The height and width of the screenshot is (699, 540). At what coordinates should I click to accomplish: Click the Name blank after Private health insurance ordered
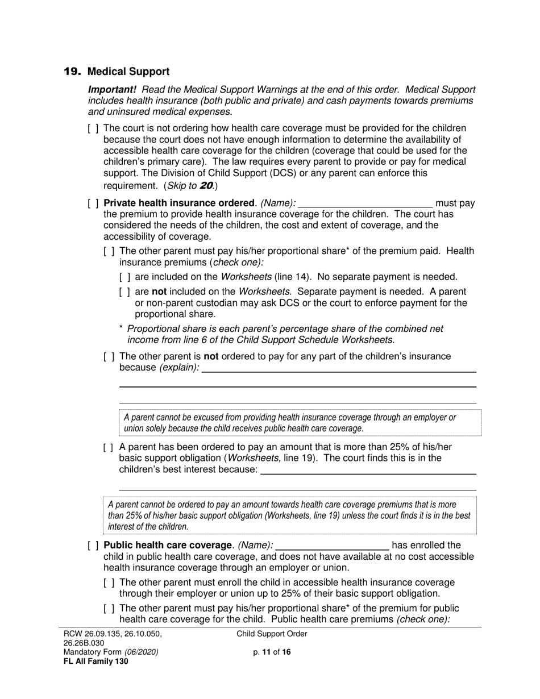click(365, 203)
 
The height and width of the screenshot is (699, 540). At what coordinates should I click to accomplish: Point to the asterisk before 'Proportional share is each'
click(121, 329)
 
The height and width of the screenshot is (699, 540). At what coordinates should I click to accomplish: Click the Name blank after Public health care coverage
click(332, 546)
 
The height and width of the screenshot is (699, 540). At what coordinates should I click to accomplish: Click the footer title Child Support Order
click(272, 634)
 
